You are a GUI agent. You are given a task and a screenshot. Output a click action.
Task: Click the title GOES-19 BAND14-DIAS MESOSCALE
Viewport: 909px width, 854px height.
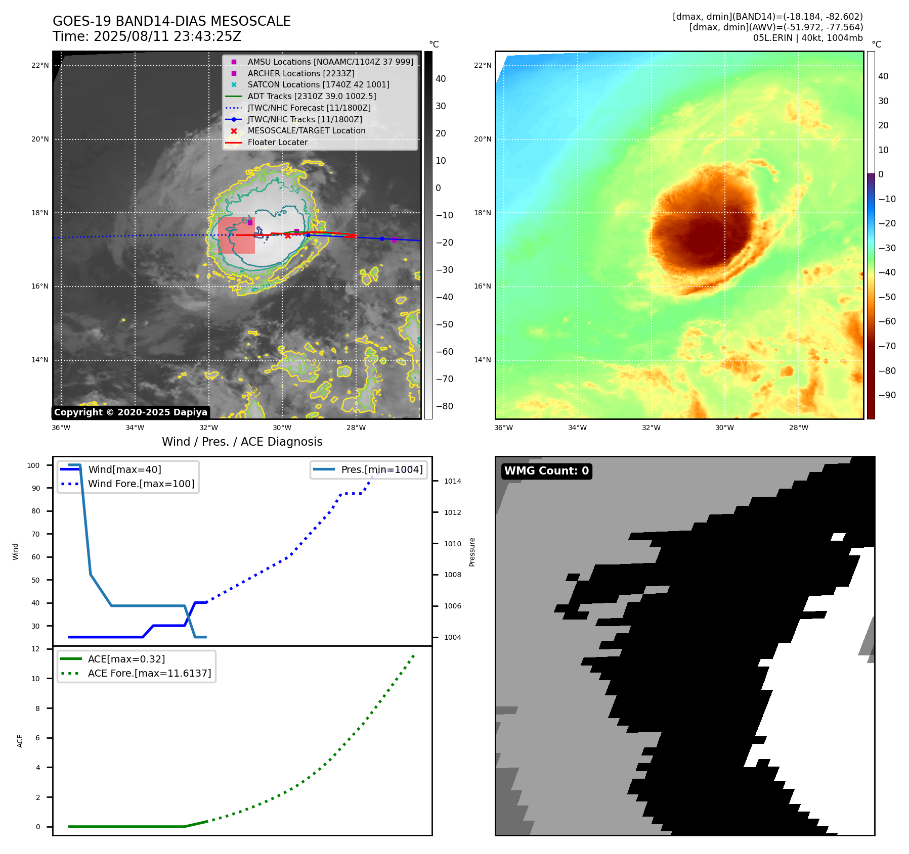(171, 21)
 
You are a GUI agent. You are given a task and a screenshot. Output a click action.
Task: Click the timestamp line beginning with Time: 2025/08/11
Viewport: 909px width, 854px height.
(147, 37)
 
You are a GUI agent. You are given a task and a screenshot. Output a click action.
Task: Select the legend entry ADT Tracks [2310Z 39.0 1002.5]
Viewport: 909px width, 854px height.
(312, 96)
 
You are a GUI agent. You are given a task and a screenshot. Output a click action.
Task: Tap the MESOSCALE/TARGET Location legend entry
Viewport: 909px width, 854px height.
(306, 130)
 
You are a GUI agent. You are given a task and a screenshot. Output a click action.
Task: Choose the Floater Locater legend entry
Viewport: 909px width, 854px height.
(277, 142)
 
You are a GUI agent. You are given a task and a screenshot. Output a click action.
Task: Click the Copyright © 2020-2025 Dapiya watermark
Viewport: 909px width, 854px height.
(131, 412)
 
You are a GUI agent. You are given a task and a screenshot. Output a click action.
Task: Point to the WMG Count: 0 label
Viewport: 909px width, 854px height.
(546, 471)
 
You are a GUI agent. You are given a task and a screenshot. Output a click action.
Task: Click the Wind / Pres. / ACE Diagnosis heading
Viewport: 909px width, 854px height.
(242, 442)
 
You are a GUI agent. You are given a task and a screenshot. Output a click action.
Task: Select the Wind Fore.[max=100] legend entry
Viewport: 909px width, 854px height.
(141, 484)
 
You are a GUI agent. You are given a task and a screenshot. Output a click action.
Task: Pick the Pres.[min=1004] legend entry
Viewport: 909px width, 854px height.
(381, 469)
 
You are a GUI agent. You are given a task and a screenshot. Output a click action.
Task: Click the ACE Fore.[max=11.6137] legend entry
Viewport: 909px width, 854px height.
(149, 673)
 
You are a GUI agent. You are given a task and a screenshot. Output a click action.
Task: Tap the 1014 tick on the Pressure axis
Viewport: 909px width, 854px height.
(452, 481)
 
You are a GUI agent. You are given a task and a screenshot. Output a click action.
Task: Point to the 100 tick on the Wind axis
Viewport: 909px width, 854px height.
(33, 465)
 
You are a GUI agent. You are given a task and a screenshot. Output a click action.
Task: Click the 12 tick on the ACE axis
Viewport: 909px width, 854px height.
(35, 649)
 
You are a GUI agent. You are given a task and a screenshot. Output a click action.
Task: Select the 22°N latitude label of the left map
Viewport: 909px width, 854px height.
(40, 65)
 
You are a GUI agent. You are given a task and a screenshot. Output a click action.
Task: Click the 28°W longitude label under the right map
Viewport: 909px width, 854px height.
(798, 428)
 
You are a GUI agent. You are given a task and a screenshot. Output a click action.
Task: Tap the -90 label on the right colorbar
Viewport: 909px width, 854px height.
(887, 395)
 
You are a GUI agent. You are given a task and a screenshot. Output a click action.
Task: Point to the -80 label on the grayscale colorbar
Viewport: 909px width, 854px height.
(445, 406)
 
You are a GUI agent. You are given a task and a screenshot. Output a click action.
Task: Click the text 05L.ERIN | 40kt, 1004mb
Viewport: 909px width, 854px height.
(808, 38)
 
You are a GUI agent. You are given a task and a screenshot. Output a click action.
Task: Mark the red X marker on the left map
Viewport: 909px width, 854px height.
(288, 236)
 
